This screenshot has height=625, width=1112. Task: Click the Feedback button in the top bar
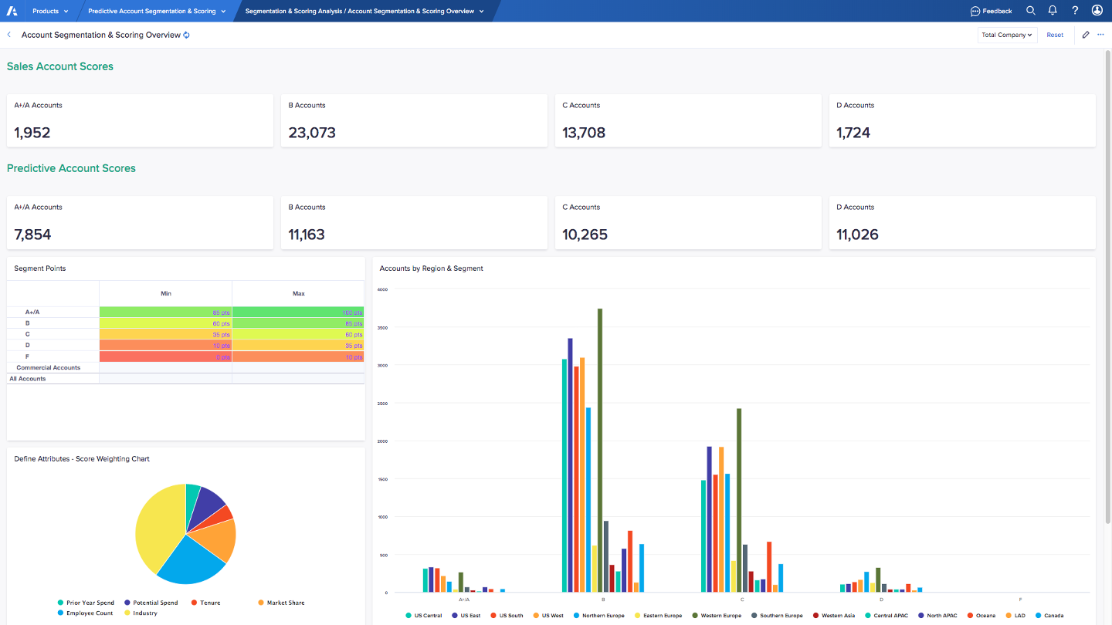(x=991, y=11)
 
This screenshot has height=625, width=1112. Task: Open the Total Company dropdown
(x=1007, y=35)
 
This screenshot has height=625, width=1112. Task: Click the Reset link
(x=1055, y=35)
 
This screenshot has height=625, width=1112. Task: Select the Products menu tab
(x=50, y=11)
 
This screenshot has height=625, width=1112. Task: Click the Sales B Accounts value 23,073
(x=312, y=133)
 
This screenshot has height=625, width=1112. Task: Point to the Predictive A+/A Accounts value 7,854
(x=33, y=235)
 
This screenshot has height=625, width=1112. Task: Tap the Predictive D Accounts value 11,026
(x=857, y=235)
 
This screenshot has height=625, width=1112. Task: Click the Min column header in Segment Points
(x=166, y=293)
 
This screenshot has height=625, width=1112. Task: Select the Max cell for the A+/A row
(x=298, y=312)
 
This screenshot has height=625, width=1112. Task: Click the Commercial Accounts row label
(x=48, y=368)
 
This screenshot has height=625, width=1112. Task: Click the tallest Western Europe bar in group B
(x=599, y=448)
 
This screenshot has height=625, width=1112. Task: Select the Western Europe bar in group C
(x=739, y=502)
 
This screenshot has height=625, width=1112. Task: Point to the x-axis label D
(x=881, y=600)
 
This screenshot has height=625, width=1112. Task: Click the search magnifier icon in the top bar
(x=1030, y=11)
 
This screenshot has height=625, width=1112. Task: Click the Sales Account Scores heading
(x=60, y=66)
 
